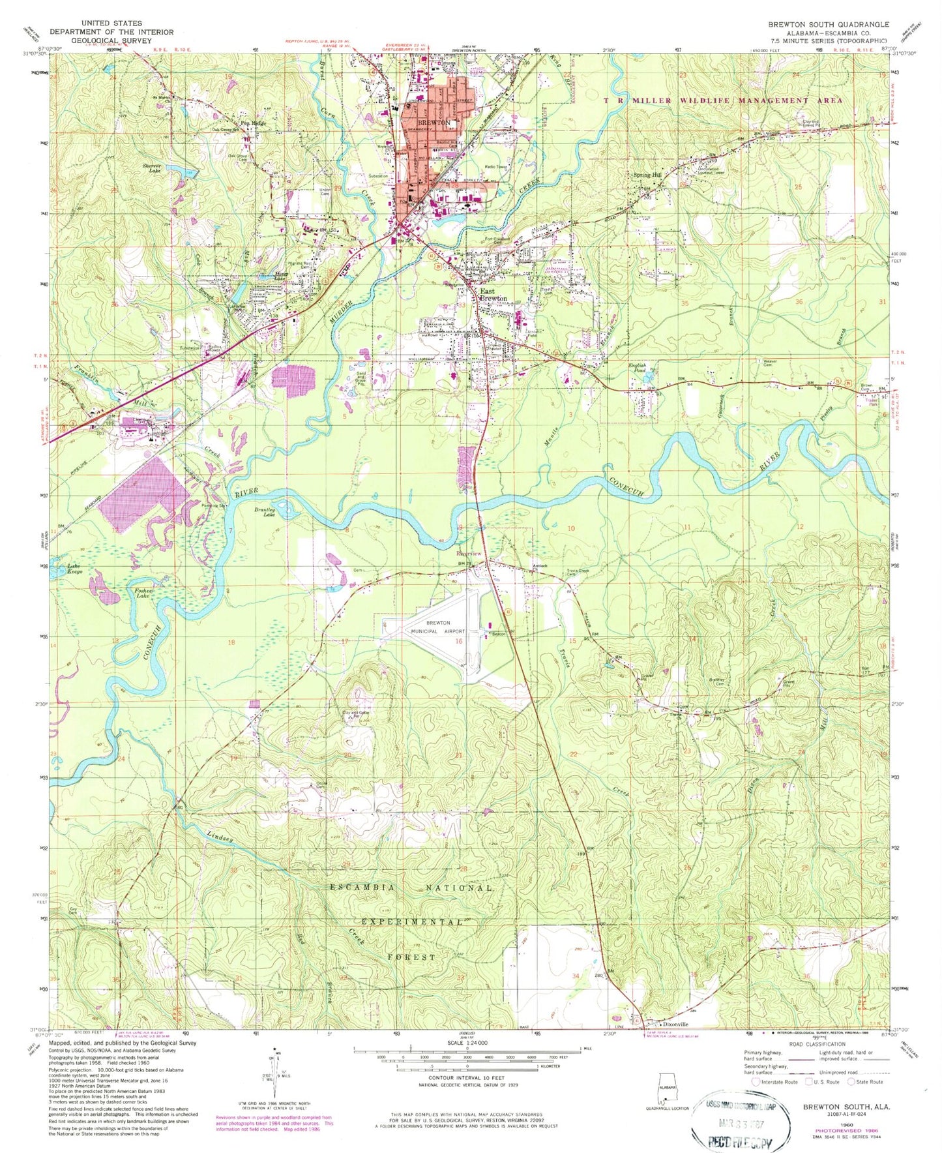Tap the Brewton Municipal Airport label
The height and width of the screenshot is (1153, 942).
coord(438,627)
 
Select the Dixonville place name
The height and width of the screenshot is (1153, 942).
coord(673,1024)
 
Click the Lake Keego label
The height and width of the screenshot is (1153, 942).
coord(74,569)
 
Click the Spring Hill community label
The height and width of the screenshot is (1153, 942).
coord(647,175)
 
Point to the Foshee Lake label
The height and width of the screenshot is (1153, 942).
coord(143,593)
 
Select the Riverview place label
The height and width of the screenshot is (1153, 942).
coord(469,554)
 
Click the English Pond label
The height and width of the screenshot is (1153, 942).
coord(636,368)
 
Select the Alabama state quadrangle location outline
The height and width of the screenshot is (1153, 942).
coord(667,1088)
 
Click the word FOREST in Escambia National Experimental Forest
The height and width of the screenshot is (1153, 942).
coord(411,957)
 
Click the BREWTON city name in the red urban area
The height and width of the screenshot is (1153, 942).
coord(434,122)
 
